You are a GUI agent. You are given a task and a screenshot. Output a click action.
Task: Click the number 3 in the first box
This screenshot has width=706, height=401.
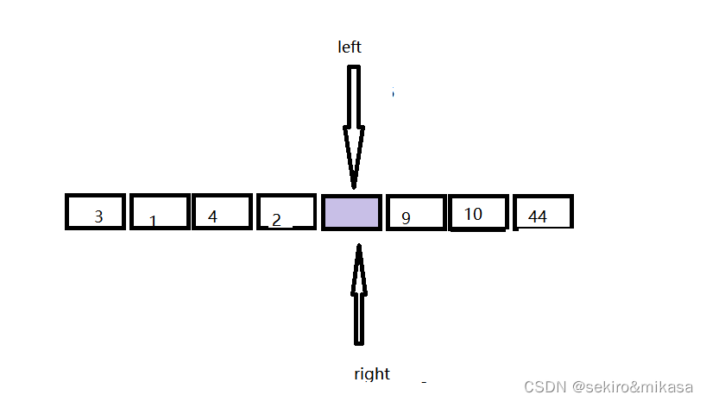(98, 216)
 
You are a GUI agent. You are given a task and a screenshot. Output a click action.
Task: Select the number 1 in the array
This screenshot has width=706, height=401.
(153, 222)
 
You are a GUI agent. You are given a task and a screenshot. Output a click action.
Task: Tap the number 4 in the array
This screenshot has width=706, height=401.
(212, 216)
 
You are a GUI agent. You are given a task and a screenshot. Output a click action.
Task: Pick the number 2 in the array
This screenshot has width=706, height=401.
(276, 220)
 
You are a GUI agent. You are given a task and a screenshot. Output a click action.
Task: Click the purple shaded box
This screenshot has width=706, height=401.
(351, 213)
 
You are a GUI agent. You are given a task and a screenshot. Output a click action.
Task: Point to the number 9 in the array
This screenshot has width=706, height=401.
(406, 218)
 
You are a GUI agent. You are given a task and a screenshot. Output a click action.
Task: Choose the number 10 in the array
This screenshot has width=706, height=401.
(473, 214)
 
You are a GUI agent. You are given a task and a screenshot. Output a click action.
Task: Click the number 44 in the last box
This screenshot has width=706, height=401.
(538, 216)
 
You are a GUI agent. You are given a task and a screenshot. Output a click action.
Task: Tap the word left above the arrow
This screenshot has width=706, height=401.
(350, 47)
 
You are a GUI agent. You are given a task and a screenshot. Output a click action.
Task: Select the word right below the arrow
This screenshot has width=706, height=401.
(372, 373)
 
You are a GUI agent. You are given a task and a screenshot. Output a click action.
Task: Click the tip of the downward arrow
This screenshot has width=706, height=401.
(353, 185)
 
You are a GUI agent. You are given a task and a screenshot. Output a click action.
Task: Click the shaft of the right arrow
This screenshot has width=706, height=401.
(359, 319)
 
